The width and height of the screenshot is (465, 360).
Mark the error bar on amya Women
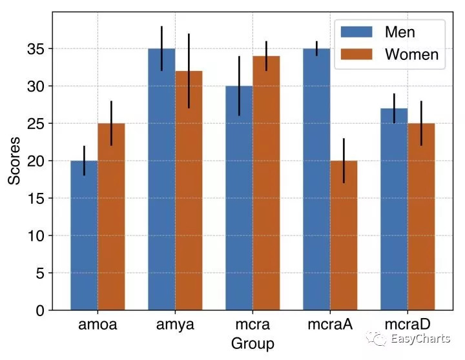tap(189, 71)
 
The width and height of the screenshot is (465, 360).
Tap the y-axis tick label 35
tap(36, 49)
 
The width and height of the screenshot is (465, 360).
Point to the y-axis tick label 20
tap(36, 161)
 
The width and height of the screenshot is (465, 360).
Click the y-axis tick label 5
tap(40, 274)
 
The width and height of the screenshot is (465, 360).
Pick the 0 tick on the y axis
tap(40, 311)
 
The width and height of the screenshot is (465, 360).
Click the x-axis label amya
tap(175, 325)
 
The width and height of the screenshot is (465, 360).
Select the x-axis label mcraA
tap(330, 325)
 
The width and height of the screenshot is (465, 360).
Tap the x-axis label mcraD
tap(408, 325)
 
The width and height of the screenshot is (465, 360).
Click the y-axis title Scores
tap(15, 161)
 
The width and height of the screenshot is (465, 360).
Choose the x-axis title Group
tap(253, 344)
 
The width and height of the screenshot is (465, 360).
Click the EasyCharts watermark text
tap(419, 339)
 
